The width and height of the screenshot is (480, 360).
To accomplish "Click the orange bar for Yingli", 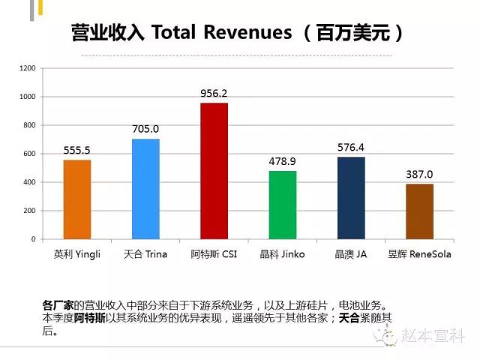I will (76, 199).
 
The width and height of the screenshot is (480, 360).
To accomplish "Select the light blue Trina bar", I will (145, 189).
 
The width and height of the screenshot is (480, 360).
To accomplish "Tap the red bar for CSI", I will (214, 171).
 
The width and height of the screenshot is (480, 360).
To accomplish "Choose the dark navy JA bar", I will (351, 198).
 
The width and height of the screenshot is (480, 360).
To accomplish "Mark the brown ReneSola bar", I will (419, 211).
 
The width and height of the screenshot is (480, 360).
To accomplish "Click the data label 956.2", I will (214, 94).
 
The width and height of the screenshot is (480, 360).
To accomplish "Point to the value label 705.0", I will (145, 129).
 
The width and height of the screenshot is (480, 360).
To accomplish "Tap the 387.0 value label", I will (419, 175).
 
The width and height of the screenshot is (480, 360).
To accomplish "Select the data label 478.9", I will (283, 161).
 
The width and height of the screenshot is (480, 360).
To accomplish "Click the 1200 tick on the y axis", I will (28, 68).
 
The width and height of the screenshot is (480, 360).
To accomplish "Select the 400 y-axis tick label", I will (30, 182).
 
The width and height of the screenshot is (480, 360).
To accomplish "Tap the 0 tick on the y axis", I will (33, 239).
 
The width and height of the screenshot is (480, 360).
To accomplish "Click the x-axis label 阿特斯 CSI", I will (214, 254).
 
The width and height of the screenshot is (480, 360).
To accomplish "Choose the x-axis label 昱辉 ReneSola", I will (419, 254).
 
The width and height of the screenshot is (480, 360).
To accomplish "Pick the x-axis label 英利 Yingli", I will (76, 254).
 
